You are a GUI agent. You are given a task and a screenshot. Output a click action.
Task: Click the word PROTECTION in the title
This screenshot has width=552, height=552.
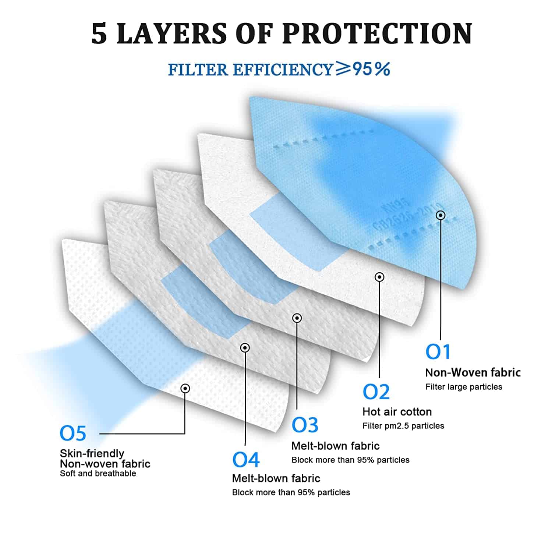pos(377,33)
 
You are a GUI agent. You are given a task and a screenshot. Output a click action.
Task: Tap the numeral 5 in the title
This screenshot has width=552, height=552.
pos(99,33)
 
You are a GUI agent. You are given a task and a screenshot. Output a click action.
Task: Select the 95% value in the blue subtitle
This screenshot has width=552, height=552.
pos(371,69)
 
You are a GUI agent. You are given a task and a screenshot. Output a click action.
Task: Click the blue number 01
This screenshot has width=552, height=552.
pos(438,351)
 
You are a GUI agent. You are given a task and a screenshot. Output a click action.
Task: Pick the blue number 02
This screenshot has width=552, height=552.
pos(376,392)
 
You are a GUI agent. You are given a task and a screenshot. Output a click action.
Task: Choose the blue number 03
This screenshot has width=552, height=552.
pos(305,425)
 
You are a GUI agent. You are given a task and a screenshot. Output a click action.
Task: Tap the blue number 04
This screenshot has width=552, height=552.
pos(246,459)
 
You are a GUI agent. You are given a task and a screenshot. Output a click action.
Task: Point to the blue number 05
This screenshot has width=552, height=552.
pos(73,433)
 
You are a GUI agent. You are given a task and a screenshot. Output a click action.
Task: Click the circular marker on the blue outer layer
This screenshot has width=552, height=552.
pos(440,215)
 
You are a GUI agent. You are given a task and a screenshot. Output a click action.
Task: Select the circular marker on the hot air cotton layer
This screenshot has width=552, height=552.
pos(379,277)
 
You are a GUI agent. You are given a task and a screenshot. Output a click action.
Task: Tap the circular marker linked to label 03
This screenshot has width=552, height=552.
pos(297,318)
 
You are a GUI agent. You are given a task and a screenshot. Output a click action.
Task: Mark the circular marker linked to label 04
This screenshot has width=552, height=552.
pos(245,348)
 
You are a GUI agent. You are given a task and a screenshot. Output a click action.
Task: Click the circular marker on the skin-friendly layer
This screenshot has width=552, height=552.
pos(185,388)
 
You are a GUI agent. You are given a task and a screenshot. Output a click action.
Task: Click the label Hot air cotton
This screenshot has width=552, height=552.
pos(397,411)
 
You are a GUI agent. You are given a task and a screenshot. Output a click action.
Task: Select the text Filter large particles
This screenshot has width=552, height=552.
pos(464,387)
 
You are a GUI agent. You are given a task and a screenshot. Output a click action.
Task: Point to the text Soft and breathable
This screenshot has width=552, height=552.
pos(98,474)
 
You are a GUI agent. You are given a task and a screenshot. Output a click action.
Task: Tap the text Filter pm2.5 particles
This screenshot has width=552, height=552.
pos(403,426)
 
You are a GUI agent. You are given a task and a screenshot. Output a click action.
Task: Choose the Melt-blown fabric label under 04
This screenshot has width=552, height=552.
pos(276,478)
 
